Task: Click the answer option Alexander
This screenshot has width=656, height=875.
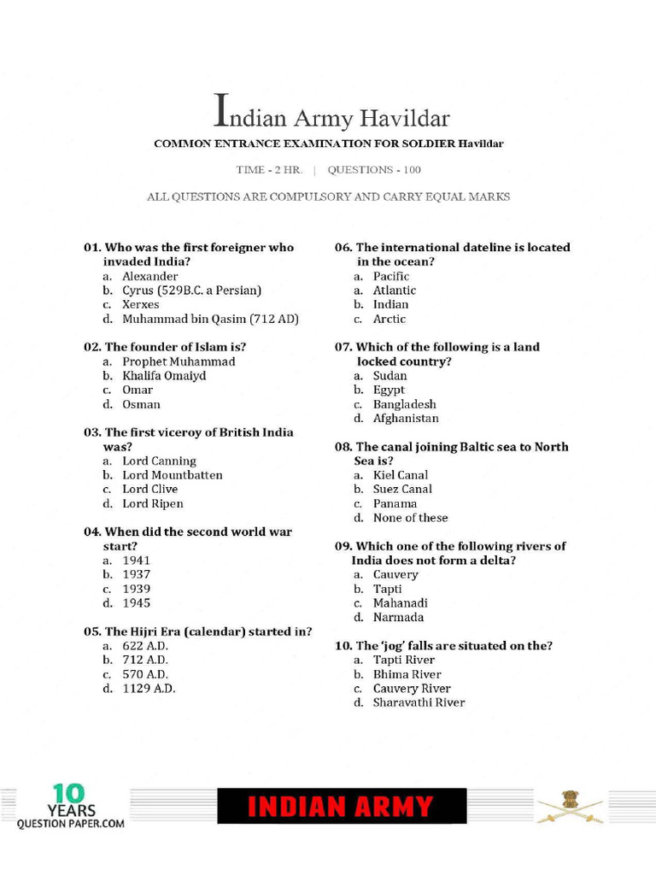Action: (149, 276)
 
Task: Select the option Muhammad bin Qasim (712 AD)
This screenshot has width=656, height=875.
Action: (210, 319)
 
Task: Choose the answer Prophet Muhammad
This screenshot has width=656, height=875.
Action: (179, 361)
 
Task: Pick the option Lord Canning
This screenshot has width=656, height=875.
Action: (159, 461)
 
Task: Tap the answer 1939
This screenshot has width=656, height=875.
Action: (136, 589)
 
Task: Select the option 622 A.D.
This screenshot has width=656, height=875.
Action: (145, 646)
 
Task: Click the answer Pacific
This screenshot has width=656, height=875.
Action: (391, 276)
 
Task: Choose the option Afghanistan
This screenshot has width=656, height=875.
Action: (406, 419)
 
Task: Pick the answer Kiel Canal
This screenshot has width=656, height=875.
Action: (401, 475)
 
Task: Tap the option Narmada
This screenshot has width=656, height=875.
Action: (398, 617)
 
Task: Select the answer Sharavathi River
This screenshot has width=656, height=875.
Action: (419, 702)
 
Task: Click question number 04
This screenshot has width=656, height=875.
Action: (92, 531)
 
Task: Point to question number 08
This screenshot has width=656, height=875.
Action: (343, 447)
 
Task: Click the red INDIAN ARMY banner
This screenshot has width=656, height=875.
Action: (342, 807)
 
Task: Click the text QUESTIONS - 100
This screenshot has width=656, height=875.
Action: (374, 170)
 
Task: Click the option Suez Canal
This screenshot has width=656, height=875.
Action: (402, 490)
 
